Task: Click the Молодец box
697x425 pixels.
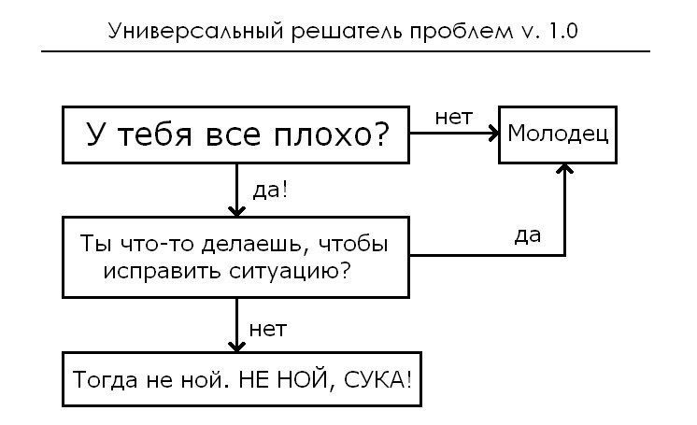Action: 558,134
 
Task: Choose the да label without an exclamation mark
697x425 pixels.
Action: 527,234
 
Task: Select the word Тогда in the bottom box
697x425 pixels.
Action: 102,381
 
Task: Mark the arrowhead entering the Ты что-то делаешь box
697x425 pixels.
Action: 236,209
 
